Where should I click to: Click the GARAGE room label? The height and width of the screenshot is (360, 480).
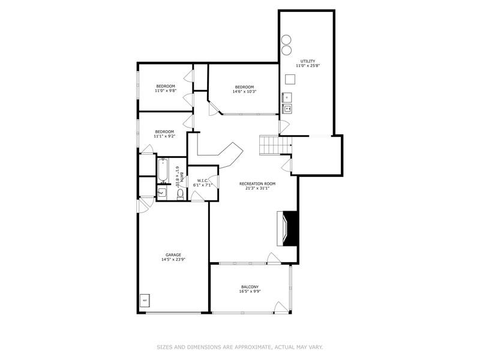click(173, 254)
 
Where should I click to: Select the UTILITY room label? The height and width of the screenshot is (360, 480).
click(307, 61)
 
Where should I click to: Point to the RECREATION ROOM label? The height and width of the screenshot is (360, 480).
click(257, 183)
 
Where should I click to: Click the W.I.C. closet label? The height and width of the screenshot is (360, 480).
click(202, 180)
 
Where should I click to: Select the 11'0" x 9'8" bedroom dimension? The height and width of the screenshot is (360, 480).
click(165, 91)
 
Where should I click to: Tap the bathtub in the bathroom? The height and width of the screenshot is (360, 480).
click(163, 170)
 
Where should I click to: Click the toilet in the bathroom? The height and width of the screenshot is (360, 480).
click(180, 194)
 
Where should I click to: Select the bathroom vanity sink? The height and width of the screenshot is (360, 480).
click(163, 193)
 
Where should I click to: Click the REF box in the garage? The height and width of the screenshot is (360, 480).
click(145, 299)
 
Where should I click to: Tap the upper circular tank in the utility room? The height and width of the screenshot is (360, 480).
click(286, 40)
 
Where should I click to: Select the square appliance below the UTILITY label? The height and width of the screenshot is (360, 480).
click(291, 79)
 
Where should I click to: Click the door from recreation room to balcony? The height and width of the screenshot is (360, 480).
click(273, 259)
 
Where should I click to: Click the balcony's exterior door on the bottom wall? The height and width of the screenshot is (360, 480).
click(280, 307)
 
